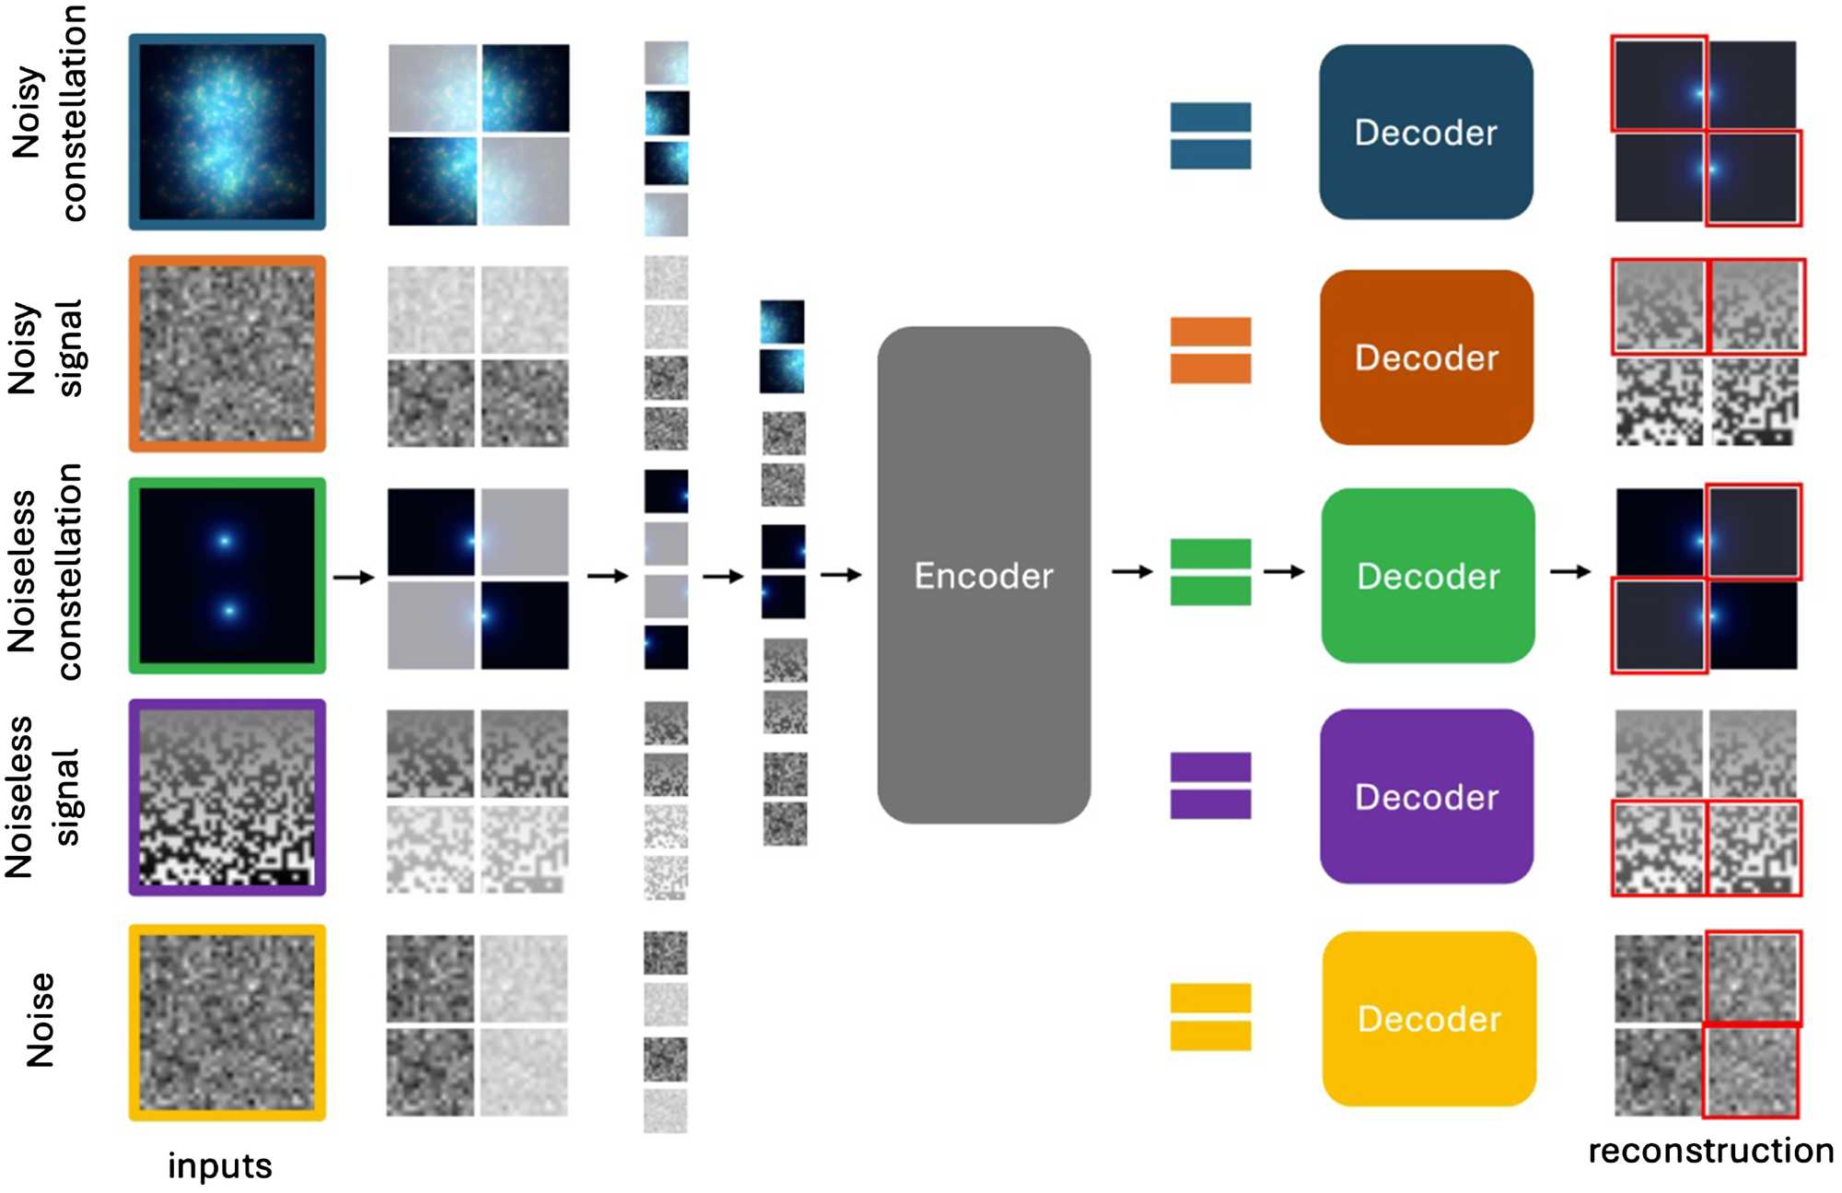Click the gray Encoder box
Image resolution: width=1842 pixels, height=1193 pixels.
pos(984,575)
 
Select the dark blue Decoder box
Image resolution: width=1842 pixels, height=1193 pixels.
pos(1426,132)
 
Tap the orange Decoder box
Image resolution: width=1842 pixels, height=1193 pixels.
pos(1426,357)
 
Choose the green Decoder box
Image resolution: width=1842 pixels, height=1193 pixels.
pos(1428,576)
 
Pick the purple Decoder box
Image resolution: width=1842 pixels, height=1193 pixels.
pos(1426,796)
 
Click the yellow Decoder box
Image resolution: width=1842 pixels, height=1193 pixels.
pos(1428,1018)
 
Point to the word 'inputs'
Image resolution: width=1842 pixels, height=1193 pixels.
pos(219,1166)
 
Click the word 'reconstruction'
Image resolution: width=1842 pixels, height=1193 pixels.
pos(1710,1151)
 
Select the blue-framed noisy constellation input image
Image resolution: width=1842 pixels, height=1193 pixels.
pos(227,132)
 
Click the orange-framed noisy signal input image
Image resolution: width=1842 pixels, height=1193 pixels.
pos(227,354)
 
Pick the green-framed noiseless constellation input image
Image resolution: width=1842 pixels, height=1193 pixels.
pos(227,576)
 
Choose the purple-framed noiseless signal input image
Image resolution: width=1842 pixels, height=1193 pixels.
pos(227,797)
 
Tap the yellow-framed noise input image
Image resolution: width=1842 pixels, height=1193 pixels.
pos(227,1022)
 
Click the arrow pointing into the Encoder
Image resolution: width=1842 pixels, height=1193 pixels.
pos(840,575)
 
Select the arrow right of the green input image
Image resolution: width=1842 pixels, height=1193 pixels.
pos(354,578)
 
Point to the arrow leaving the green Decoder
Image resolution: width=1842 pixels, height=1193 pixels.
pos(1570,572)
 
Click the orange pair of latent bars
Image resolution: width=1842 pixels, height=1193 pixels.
pos(1210,350)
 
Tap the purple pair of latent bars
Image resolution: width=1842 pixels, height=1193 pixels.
pos(1210,786)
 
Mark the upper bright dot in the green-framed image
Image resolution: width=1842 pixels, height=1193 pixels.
pos(224,541)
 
